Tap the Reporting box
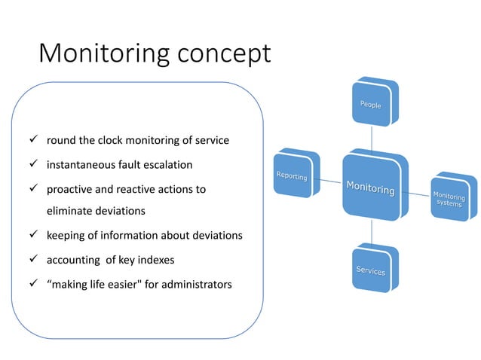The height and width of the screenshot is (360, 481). click(x=293, y=175)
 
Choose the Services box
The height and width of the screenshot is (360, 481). click(x=372, y=269)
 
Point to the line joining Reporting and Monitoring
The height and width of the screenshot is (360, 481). click(x=330, y=181)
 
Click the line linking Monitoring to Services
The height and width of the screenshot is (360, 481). click(x=372, y=232)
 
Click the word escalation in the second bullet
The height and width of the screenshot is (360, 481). click(x=167, y=164)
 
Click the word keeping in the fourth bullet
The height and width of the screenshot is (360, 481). click(x=66, y=236)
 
